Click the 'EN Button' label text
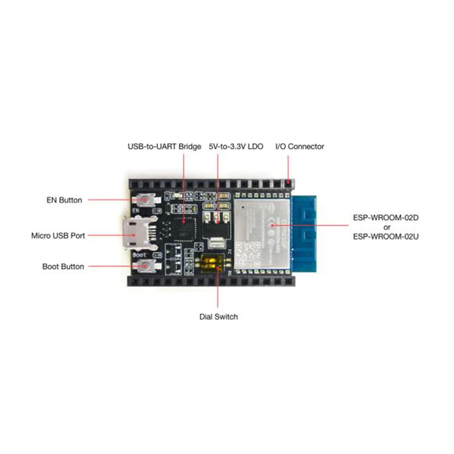(64, 200)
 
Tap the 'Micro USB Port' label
(58, 234)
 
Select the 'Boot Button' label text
(63, 266)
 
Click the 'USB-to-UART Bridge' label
(164, 146)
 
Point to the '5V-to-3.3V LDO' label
(236, 146)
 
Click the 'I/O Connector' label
(300, 146)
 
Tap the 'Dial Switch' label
(218, 317)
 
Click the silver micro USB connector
(134, 233)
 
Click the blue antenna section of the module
(305, 233)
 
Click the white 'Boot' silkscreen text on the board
(140, 255)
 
